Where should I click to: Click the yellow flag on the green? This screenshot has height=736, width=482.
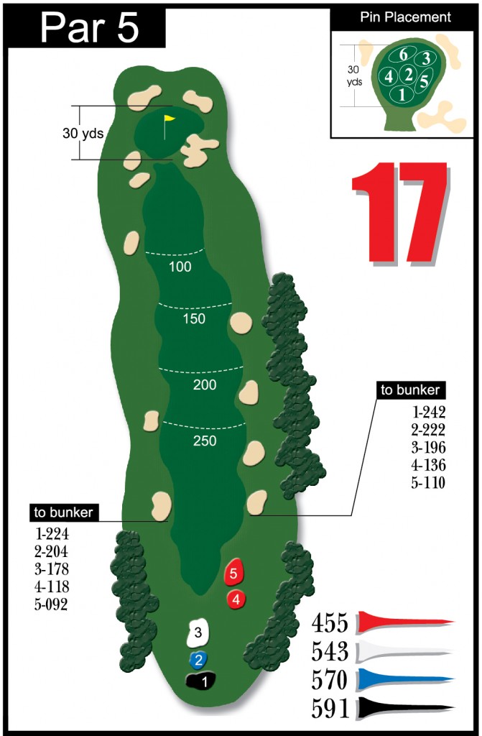(x=170, y=119)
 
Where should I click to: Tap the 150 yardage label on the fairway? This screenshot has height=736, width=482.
(x=195, y=319)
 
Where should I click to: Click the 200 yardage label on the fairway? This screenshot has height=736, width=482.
(x=205, y=385)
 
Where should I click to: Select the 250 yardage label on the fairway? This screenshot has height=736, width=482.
(x=205, y=441)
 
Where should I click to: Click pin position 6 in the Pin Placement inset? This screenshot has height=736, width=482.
(x=403, y=55)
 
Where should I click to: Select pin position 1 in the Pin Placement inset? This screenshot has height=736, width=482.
(x=402, y=93)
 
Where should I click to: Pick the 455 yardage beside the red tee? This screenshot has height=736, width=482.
(x=330, y=622)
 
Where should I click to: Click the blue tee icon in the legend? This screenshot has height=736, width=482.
(x=406, y=680)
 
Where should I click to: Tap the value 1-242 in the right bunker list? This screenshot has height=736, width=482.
(x=429, y=413)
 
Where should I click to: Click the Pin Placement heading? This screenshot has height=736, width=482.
(x=406, y=17)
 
